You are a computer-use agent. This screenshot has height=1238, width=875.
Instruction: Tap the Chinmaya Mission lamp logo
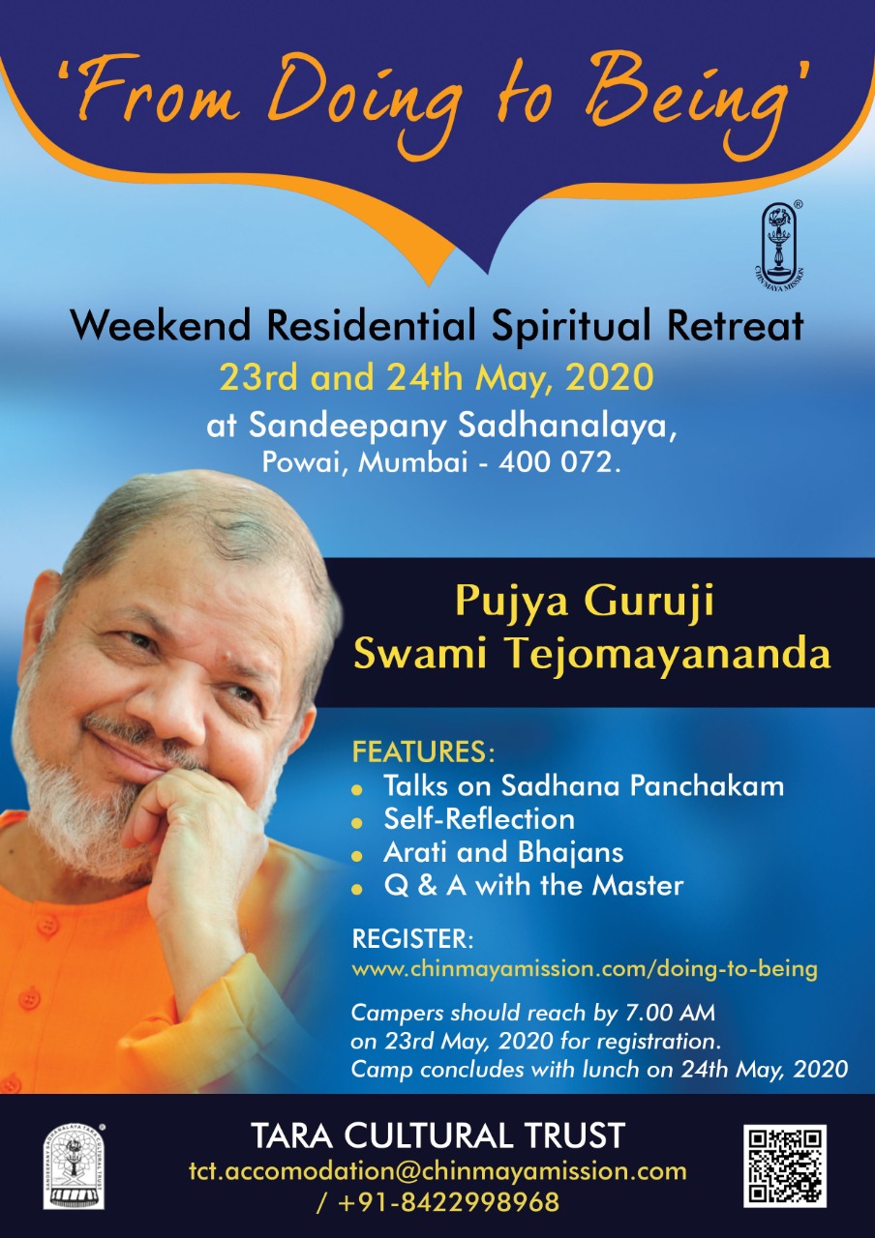(781, 245)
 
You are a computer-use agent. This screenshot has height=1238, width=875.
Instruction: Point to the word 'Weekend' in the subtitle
(161, 326)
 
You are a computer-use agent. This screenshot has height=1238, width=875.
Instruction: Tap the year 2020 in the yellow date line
(611, 378)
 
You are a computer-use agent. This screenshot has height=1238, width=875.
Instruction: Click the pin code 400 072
(557, 462)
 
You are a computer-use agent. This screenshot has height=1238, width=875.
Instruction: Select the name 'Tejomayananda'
(669, 654)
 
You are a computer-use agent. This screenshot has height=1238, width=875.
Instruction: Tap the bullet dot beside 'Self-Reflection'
(357, 823)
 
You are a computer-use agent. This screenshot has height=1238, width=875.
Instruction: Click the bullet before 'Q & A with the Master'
(357, 890)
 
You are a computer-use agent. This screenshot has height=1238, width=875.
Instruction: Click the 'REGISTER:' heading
(412, 939)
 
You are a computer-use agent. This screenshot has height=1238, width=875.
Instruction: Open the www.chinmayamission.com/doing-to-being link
(585, 969)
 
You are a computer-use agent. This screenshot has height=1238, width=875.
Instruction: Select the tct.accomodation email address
(437, 1171)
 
